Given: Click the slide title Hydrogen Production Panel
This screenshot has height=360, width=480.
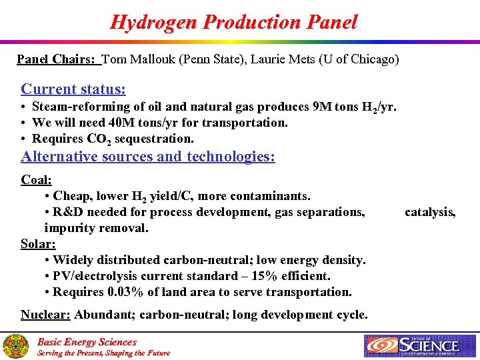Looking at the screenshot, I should point(233,22).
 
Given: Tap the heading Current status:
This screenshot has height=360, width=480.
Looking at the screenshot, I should point(73,89).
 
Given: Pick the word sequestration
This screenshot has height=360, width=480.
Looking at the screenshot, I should point(159,139).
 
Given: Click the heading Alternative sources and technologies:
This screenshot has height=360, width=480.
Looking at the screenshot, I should point(148,157).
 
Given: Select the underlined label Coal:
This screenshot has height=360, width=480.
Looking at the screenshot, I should point(37,180).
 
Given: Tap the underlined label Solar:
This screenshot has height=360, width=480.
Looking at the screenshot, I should point(38,244).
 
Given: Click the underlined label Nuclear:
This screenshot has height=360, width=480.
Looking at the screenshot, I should point(45,315).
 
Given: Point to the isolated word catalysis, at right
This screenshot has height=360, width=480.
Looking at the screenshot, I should point(431,212).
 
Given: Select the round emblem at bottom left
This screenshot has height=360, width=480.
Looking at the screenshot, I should point(15,346).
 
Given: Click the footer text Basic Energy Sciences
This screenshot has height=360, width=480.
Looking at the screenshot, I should point(87,341).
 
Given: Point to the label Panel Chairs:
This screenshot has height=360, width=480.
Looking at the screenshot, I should point(57,59).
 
